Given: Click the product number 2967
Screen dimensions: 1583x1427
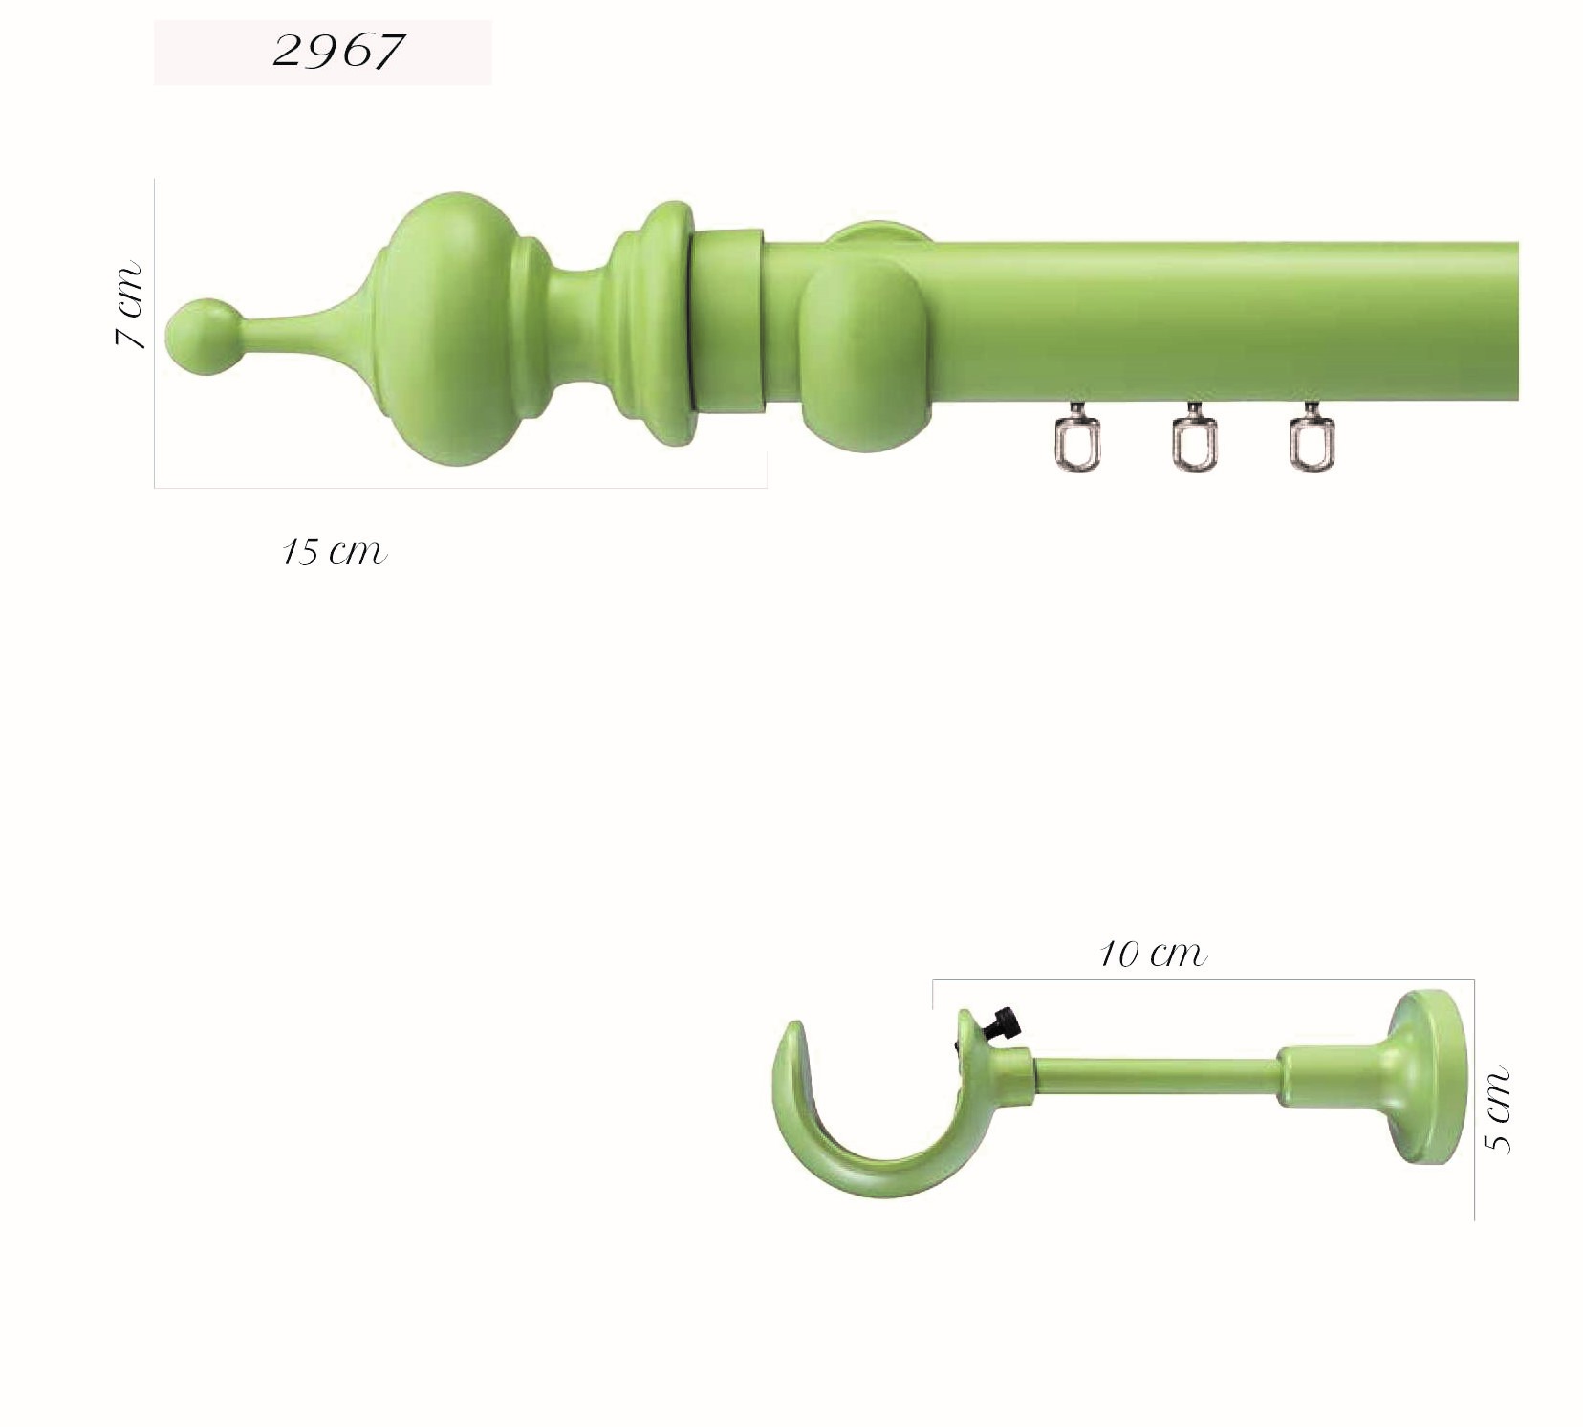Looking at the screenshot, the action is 337,51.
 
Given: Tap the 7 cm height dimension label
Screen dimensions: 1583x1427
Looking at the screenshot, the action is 129,304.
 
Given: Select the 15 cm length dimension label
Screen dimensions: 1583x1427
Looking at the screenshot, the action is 335,552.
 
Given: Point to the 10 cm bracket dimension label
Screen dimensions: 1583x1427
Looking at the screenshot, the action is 1153,954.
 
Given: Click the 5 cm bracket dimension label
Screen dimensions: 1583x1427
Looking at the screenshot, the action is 1498,1109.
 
